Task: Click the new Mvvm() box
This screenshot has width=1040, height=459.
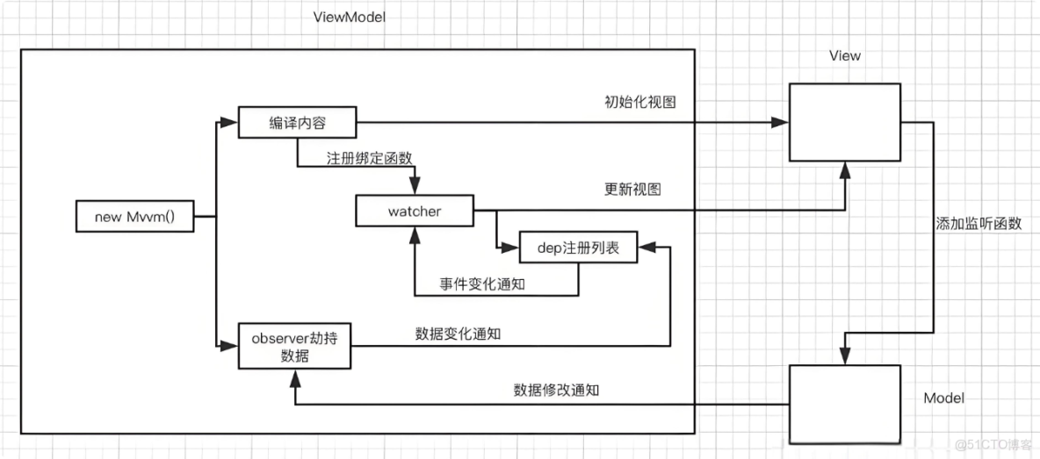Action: (134, 216)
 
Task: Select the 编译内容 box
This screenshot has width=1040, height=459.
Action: (297, 123)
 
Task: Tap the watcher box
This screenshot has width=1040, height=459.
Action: (413, 212)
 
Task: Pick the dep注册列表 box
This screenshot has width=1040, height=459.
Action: (578, 248)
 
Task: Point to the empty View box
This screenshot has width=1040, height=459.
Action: (844, 122)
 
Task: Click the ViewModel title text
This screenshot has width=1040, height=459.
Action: (349, 18)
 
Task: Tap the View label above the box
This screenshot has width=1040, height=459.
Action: (845, 56)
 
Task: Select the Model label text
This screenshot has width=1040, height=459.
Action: (943, 398)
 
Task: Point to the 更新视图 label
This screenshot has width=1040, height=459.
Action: (632, 190)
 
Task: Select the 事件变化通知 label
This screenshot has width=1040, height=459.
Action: (483, 284)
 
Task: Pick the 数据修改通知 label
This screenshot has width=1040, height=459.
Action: (556, 390)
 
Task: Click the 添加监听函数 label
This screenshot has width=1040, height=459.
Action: (979, 223)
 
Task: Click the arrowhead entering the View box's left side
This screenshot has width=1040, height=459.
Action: (780, 123)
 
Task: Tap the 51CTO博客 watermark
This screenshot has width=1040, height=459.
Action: (988, 441)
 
